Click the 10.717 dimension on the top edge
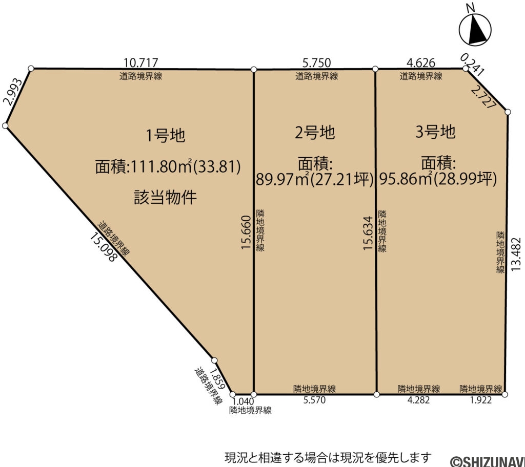[x=140, y=63]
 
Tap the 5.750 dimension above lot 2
[x=316, y=63]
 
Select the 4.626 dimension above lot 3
[x=421, y=63]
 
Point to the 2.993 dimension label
[x=13, y=92]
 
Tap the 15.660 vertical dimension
[x=246, y=232]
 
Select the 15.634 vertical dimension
[x=368, y=233]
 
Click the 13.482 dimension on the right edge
[x=516, y=253]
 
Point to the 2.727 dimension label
[x=483, y=97]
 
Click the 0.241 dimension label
[x=472, y=65]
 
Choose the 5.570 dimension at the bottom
[x=314, y=400]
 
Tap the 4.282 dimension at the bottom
[x=418, y=400]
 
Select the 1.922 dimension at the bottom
[x=481, y=400]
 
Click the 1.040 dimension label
[x=243, y=401]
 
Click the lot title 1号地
[x=166, y=136]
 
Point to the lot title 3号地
[x=435, y=132]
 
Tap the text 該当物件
[x=165, y=197]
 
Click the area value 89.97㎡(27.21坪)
[x=314, y=180]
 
